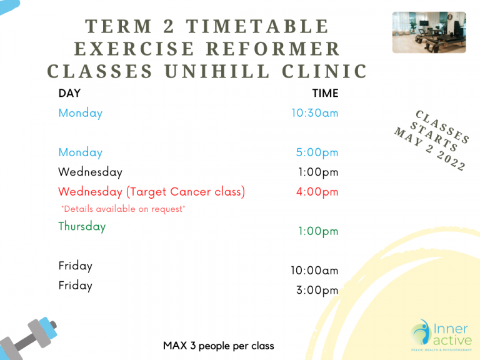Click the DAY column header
69,93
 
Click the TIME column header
325,93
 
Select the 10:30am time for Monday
315,113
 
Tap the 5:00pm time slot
317,152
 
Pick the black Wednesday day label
90,172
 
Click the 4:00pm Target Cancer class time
317,192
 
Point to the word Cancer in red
191,192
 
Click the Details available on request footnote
123,209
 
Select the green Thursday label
82,226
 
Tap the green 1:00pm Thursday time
318,231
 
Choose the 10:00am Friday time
314,270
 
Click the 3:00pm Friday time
317,290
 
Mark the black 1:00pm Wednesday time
318,172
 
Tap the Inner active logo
441,335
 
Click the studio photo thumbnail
429,32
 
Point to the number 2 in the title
169,26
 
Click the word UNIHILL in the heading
217,71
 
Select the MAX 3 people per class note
219,346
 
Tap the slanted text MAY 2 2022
430,149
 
